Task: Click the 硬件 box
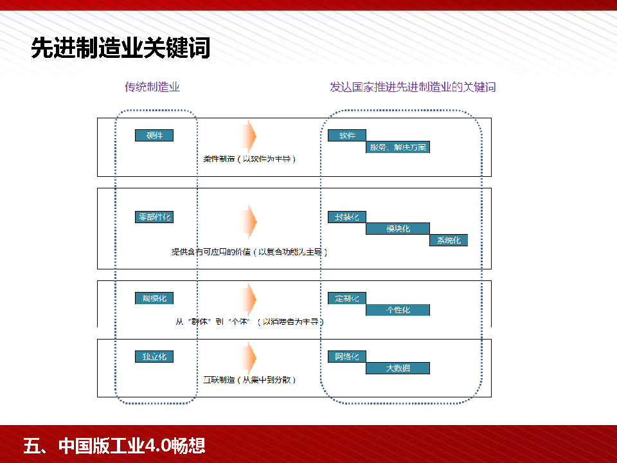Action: pos(154,136)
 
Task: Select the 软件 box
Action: pos(347,136)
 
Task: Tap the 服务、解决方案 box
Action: pos(398,147)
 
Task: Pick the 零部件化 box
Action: pos(154,217)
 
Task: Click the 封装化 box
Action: pos(347,217)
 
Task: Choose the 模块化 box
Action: pos(398,228)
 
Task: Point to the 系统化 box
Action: pos(449,241)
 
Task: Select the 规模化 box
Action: pos(154,298)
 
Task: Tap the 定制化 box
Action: pos(347,298)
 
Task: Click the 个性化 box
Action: pos(398,310)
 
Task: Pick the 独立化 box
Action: pos(154,356)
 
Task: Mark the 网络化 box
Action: pos(347,356)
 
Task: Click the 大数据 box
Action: pos(398,368)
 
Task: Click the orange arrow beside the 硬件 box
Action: pos(249,136)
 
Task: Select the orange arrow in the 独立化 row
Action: pos(249,356)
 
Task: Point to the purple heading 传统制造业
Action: pos(152,87)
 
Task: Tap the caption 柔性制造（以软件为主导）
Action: pos(249,159)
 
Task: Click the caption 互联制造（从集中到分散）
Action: pos(249,380)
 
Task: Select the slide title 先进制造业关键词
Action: pos(121,49)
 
